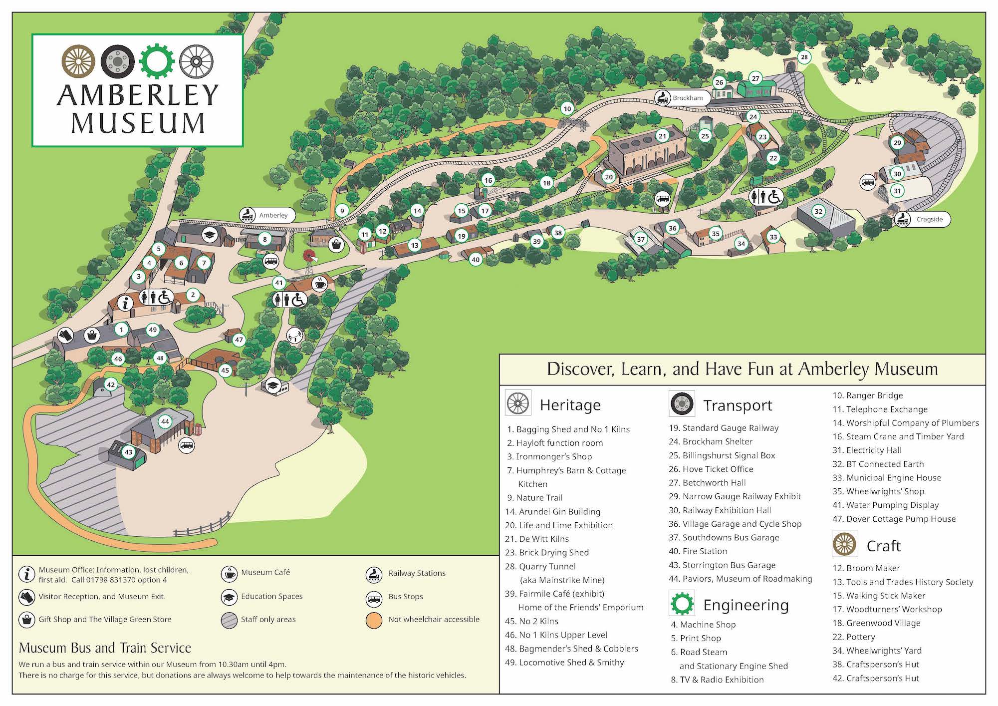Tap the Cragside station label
923,219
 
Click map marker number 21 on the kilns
662,136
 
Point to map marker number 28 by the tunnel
804,57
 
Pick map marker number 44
165,421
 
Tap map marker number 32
818,211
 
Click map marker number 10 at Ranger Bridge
567,108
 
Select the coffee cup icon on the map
319,284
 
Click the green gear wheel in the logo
156,61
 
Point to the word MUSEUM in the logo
138,123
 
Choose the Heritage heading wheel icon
518,403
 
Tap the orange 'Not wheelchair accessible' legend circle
374,620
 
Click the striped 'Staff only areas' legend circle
229,620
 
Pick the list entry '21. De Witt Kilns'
537,539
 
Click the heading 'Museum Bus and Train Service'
105,648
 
